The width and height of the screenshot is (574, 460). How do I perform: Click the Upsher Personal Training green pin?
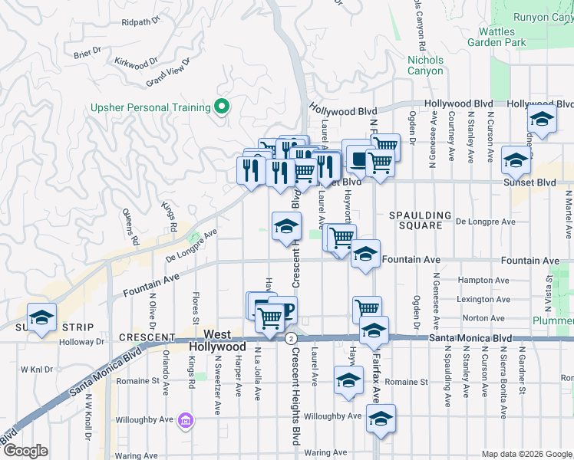point(223,107)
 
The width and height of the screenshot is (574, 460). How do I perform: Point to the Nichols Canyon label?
point(425,65)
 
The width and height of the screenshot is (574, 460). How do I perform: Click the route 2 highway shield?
point(291,338)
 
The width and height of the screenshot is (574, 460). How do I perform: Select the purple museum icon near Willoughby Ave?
point(185,420)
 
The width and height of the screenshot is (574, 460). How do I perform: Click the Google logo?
point(25,451)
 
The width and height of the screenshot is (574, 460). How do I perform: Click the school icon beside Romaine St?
point(348,379)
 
